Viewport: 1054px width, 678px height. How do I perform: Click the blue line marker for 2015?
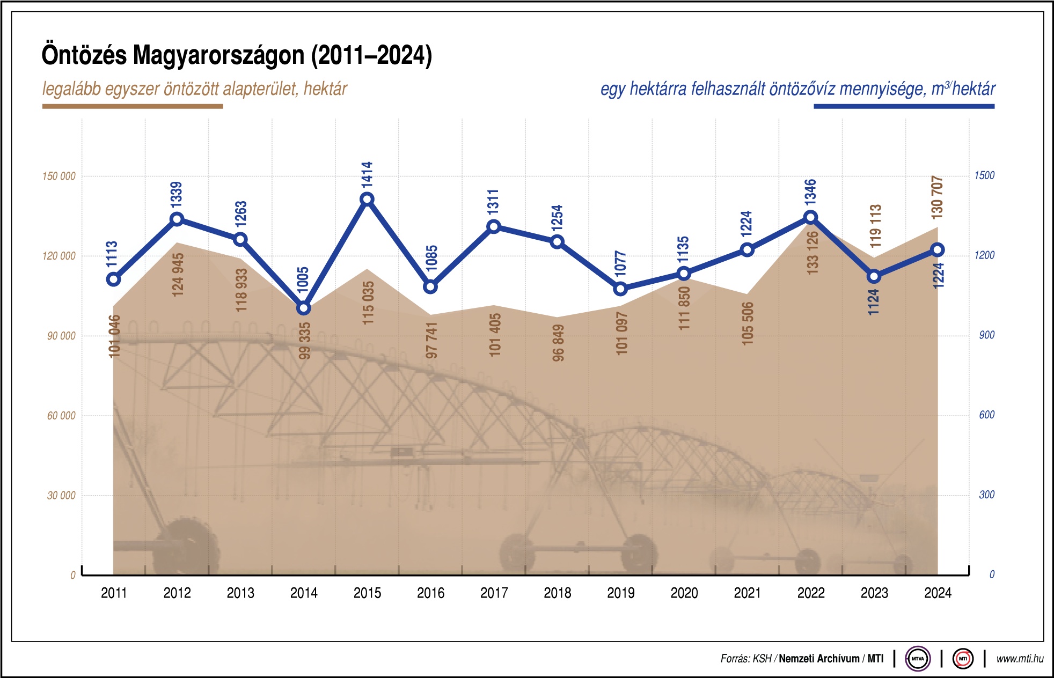[367, 200]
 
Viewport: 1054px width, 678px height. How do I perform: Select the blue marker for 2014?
[304, 308]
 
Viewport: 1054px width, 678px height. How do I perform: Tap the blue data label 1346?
[810, 191]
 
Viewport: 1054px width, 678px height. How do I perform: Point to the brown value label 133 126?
[813, 253]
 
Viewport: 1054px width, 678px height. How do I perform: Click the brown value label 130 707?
[937, 197]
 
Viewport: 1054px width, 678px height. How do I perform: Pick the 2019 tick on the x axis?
[620, 593]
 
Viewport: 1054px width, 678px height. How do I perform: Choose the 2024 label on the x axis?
[938, 593]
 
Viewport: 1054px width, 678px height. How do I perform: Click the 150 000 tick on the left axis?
[59, 176]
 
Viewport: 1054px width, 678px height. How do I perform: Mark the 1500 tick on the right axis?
[984, 175]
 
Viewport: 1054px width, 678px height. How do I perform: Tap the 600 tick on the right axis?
[986, 415]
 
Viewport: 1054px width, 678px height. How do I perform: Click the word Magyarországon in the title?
[219, 55]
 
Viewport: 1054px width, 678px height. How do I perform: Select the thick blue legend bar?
[904, 106]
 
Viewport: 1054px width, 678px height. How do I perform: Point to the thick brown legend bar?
[133, 106]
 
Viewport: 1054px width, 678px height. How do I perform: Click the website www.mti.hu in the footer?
[1020, 659]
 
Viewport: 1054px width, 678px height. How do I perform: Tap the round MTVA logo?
[918, 659]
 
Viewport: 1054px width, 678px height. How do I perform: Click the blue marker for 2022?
[811, 217]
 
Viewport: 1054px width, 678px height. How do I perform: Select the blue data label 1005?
[303, 279]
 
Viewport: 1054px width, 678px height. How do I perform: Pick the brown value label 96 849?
[558, 343]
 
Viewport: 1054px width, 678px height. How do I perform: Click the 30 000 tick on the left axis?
[61, 496]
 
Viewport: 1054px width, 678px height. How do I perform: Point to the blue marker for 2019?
[620, 289]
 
